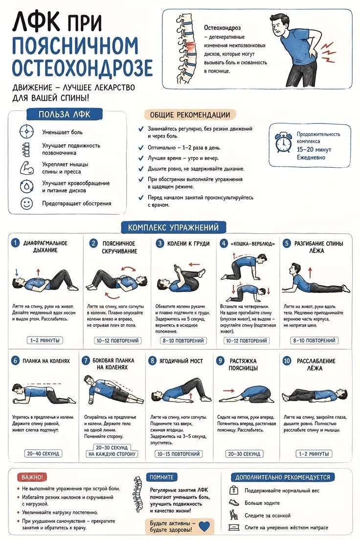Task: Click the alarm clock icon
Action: [x=283, y=142]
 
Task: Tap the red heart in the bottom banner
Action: [x=204, y=526]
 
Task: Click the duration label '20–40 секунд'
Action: [x=43, y=453]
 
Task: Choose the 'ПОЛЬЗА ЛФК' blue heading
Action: [x=65, y=114]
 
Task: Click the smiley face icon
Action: [x=26, y=203]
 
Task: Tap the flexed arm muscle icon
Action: [x=26, y=168]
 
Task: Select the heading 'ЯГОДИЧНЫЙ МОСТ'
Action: [x=181, y=361]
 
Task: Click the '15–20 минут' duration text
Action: [x=314, y=150]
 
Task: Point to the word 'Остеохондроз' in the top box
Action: [x=222, y=28]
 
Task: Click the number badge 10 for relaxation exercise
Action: [x=287, y=360]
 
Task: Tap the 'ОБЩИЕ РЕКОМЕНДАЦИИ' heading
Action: [x=190, y=114]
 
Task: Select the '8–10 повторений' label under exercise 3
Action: [x=183, y=340]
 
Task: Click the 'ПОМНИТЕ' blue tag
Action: [x=161, y=477]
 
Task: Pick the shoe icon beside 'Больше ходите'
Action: [x=234, y=503]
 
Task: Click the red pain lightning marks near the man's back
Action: [x=328, y=52]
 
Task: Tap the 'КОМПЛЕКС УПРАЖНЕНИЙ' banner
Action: [x=173, y=227]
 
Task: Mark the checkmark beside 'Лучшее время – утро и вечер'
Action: [x=141, y=158]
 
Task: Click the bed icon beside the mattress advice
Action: [x=234, y=527]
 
